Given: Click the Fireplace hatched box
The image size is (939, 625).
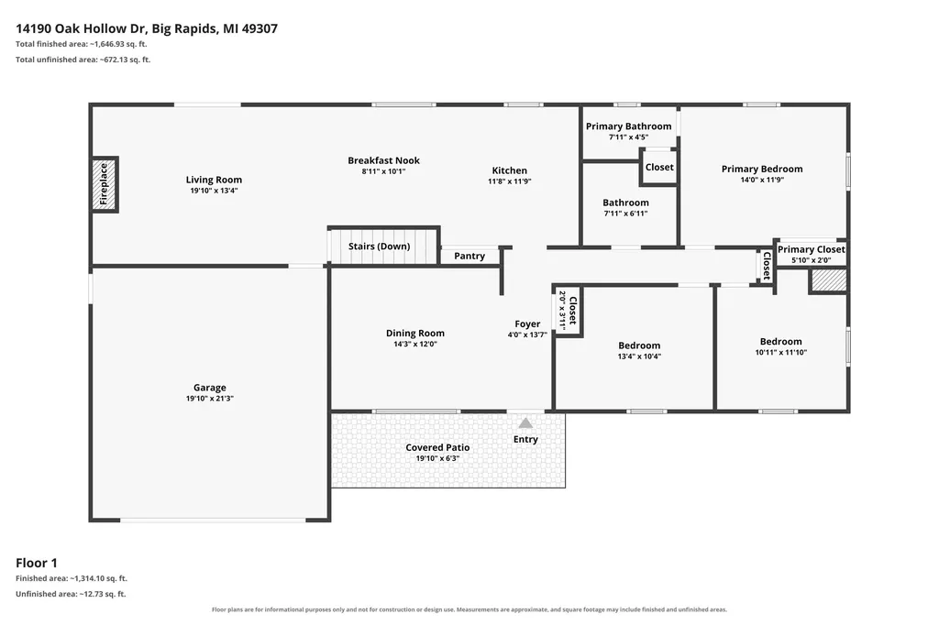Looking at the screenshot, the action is (x=105, y=184).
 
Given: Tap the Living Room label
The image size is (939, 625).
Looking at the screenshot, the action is (x=214, y=180).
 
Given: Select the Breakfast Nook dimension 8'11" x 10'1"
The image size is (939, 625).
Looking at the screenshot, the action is (x=383, y=171).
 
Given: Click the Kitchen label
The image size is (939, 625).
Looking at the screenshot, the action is (x=510, y=170).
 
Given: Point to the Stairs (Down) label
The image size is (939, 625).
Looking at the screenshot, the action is (x=379, y=246).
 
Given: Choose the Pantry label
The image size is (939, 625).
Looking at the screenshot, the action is (x=469, y=256).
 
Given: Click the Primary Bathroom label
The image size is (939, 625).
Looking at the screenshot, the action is (x=629, y=126).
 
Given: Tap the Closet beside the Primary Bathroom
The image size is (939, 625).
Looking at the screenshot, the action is (x=659, y=167).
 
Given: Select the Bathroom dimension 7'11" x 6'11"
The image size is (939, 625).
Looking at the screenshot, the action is (x=625, y=214).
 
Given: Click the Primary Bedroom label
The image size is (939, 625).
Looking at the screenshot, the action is (x=762, y=169).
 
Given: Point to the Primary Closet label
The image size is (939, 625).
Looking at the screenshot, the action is (x=812, y=249).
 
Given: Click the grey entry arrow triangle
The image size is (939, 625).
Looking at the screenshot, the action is (x=525, y=423).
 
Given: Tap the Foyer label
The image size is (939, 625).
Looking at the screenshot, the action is (x=527, y=323).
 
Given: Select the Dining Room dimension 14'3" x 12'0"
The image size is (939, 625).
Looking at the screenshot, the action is (x=415, y=345).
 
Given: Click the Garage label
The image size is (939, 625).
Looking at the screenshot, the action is (x=210, y=388).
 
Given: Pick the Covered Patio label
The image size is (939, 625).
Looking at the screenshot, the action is (x=437, y=447).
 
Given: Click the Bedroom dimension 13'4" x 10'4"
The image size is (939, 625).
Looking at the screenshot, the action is (x=639, y=356).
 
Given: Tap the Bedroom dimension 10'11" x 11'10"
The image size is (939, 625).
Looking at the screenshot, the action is (x=781, y=352).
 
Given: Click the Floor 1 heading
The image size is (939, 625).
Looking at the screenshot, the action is (x=37, y=563).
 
